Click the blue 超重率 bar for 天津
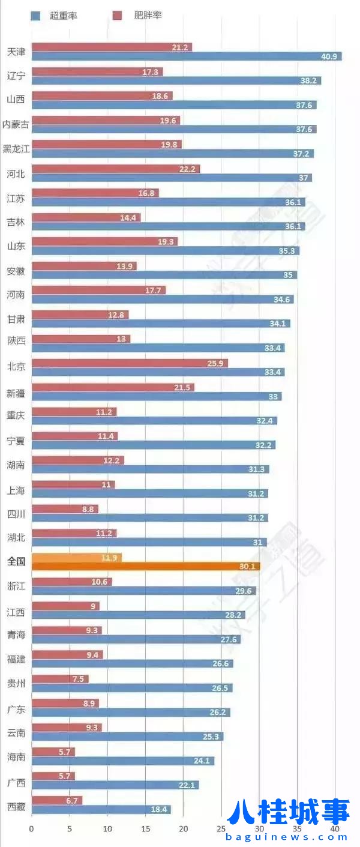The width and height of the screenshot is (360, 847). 186,56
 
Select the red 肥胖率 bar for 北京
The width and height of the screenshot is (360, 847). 129,363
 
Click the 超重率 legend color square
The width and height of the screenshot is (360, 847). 35,16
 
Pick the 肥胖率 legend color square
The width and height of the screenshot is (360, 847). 118,16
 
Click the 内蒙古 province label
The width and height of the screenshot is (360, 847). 16,124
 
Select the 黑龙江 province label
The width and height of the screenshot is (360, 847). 16,149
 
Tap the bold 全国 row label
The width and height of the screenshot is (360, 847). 16,562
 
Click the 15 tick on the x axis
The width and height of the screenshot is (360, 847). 145,829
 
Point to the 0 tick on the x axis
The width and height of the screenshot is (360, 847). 32,829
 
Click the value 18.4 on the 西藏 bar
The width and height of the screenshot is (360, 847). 159,810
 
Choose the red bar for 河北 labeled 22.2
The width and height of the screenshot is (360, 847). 115,169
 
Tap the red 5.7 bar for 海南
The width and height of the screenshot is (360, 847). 53,752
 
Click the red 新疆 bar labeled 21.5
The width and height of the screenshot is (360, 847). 113,387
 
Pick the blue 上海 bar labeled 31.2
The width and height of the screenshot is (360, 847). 149,493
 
